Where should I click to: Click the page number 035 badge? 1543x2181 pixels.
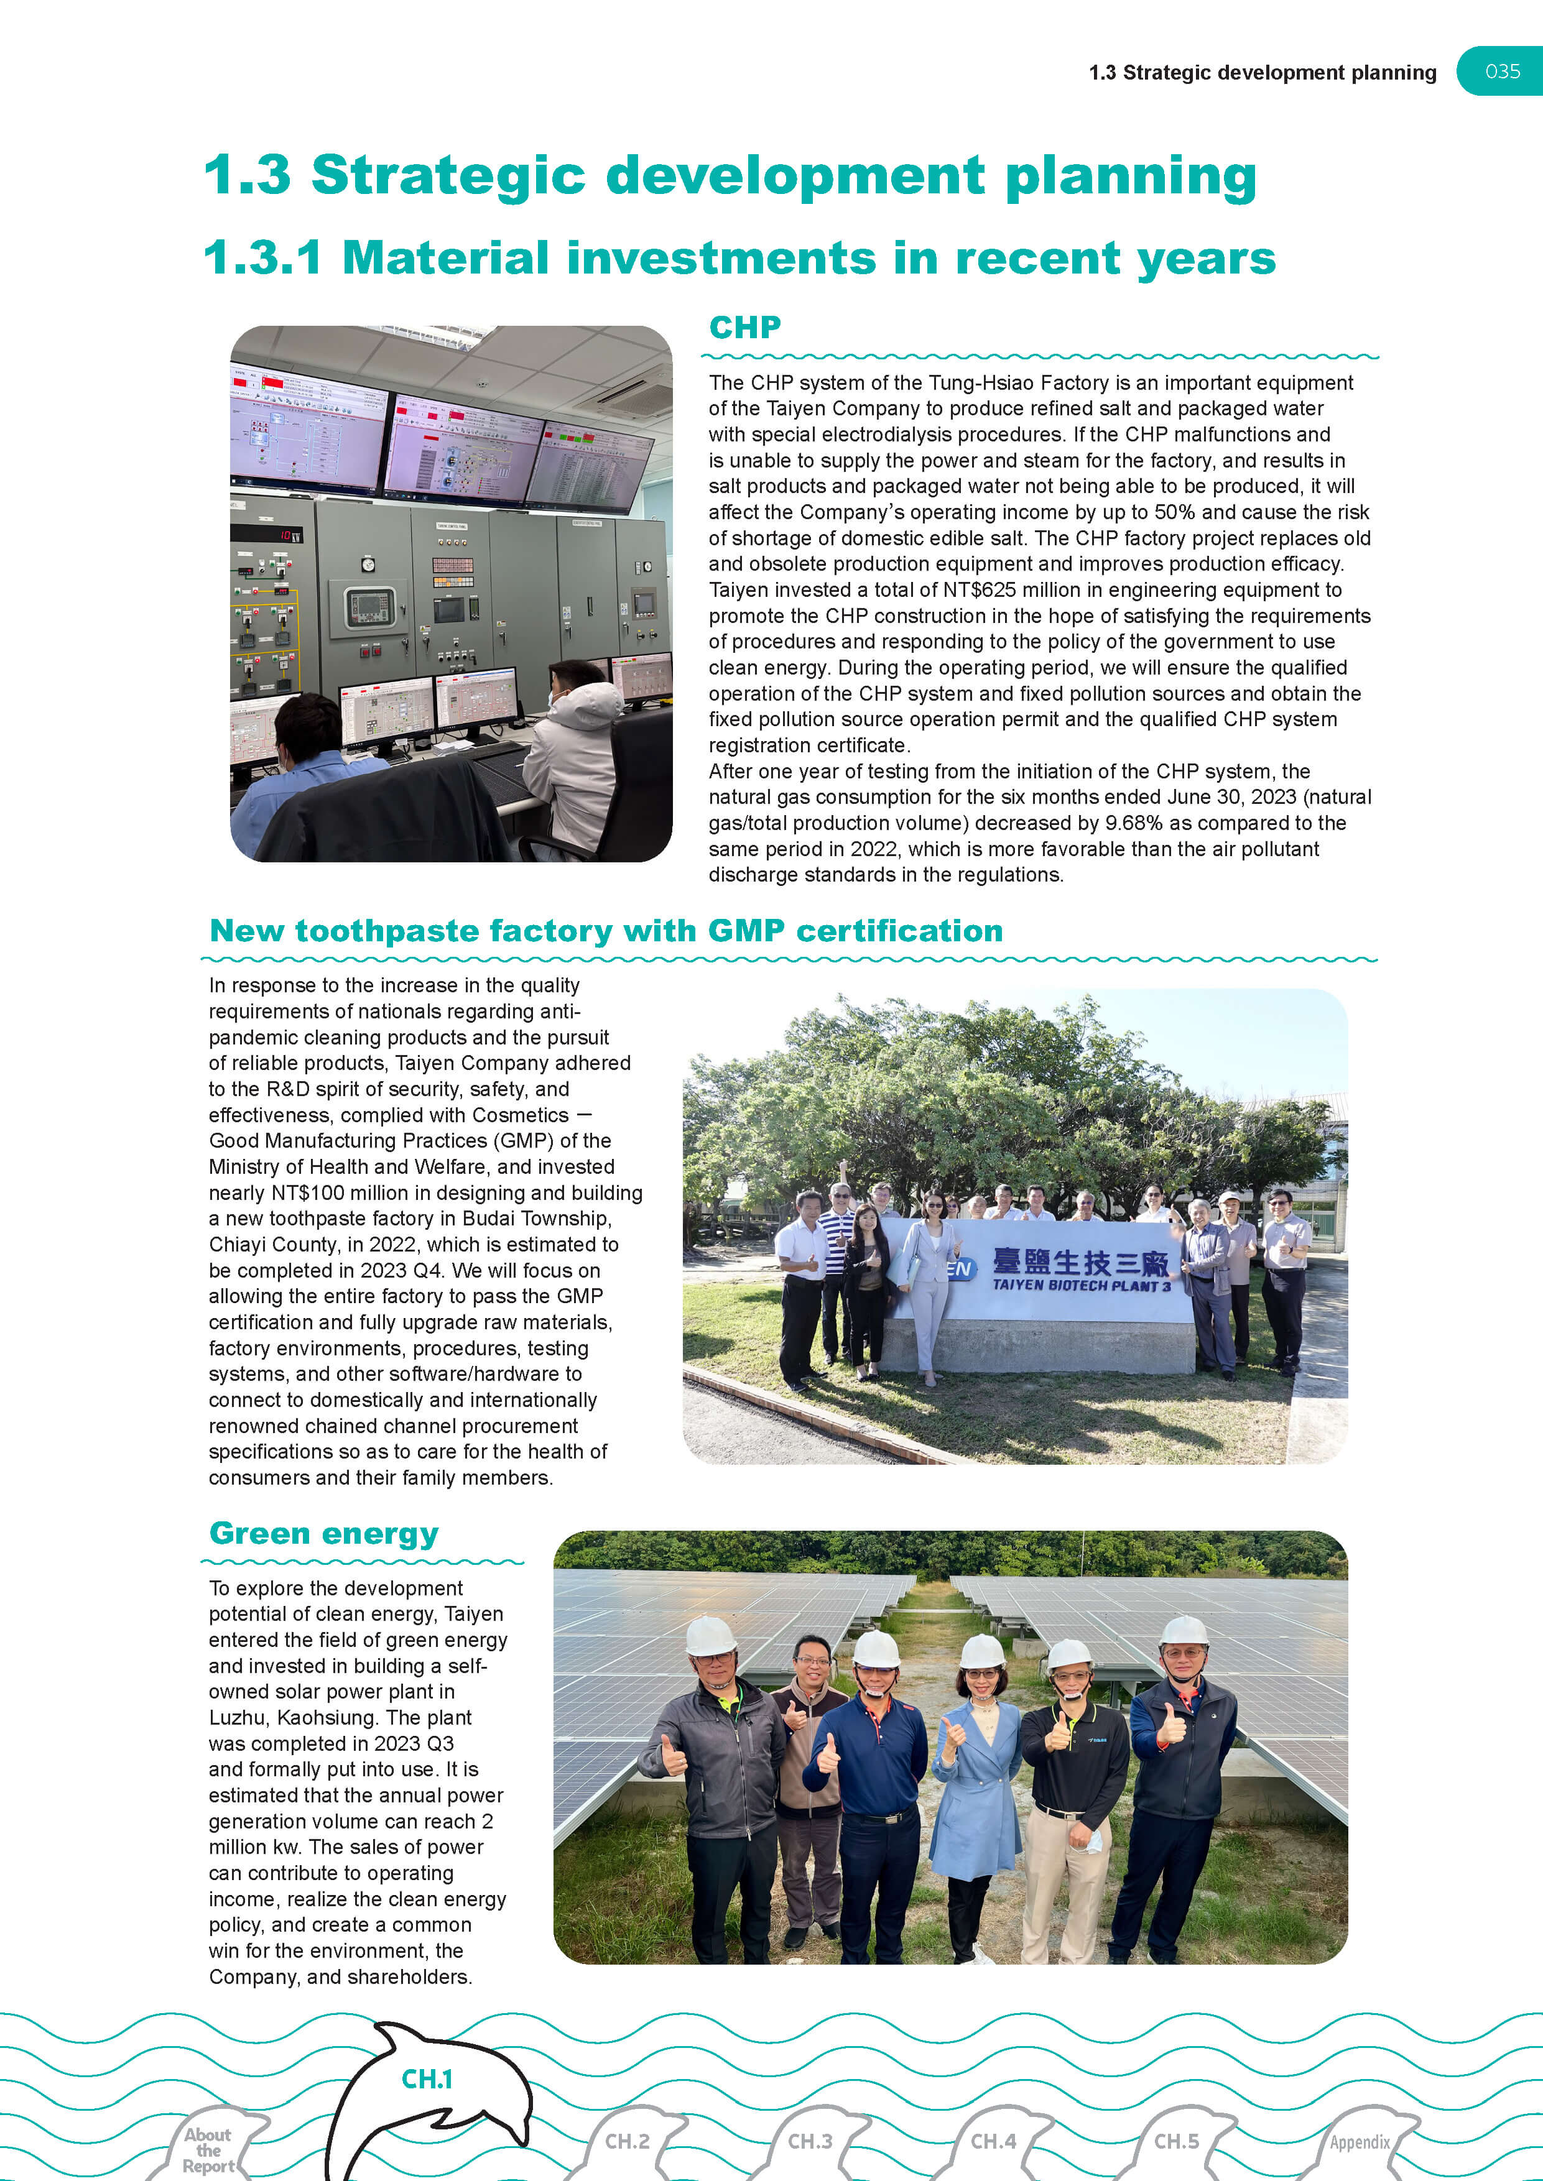coord(1502,71)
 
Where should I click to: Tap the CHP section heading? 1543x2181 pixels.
coord(745,328)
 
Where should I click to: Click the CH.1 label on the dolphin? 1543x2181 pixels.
coord(427,2080)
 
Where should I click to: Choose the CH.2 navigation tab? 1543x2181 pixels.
coord(627,2141)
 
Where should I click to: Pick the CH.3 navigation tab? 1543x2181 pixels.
coord(810,2141)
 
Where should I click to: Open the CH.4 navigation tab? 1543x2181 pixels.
coord(993,2141)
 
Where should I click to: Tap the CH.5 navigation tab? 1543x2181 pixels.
coord(1176,2141)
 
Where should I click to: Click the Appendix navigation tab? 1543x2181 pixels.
coord(1360,2142)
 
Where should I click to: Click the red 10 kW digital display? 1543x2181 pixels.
coord(287,536)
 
